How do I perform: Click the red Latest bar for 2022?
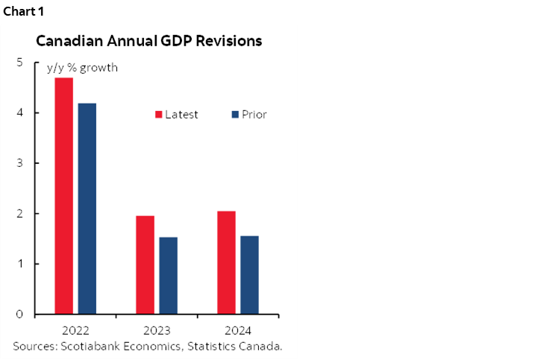pyautogui.click(x=63, y=195)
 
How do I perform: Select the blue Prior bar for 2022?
pyautogui.click(x=87, y=208)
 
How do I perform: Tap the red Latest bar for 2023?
pyautogui.click(x=145, y=265)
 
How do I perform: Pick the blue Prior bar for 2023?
pyautogui.click(x=169, y=275)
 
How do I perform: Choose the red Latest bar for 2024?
pyautogui.click(x=226, y=262)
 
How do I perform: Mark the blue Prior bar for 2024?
pyautogui.click(x=249, y=274)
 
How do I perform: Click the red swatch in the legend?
pyautogui.click(x=159, y=115)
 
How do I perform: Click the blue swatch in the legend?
pyautogui.click(x=235, y=115)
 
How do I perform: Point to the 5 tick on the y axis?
pyautogui.click(x=19, y=63)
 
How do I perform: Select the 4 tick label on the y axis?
pyautogui.click(x=19, y=113)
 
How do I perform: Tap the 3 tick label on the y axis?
pyautogui.click(x=19, y=163)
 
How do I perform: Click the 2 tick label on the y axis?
pyautogui.click(x=19, y=214)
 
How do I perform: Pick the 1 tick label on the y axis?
pyautogui.click(x=19, y=264)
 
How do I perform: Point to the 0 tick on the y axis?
pyautogui.click(x=19, y=315)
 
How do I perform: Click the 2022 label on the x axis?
pyautogui.click(x=75, y=330)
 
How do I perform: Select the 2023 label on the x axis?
pyautogui.click(x=157, y=330)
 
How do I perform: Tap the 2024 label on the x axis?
pyautogui.click(x=238, y=330)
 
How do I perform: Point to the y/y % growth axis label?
pyautogui.click(x=81, y=69)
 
